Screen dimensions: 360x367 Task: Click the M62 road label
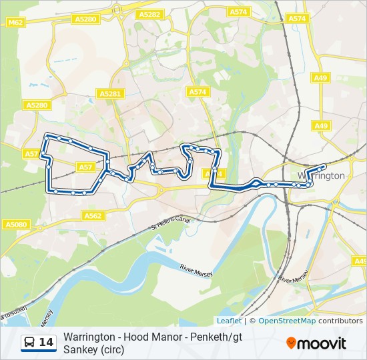[x=15, y=23]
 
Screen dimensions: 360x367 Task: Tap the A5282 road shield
[x=149, y=14]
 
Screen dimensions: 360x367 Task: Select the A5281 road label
[x=109, y=94]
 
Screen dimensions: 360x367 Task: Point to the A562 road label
[x=93, y=216]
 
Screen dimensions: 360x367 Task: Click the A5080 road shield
[x=15, y=225]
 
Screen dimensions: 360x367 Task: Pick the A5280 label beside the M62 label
[x=85, y=19]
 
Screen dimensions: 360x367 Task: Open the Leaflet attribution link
[x=229, y=321]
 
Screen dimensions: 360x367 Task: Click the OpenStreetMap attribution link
[x=287, y=321]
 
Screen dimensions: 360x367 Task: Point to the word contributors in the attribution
[x=340, y=321]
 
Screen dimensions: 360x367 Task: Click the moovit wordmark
[x=322, y=343]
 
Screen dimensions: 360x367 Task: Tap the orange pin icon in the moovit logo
[x=292, y=343]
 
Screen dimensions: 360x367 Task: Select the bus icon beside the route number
[x=29, y=343]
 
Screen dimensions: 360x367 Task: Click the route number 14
[x=47, y=343]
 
